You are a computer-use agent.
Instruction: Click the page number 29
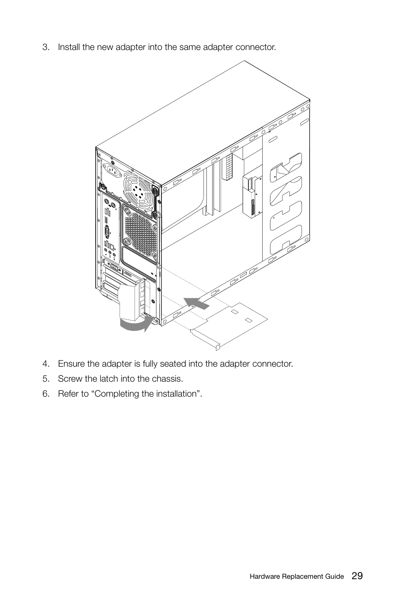(x=357, y=576)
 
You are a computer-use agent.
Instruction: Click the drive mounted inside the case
(x=251, y=196)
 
